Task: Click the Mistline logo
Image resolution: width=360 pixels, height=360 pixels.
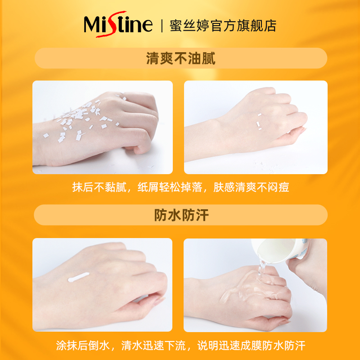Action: [118, 24]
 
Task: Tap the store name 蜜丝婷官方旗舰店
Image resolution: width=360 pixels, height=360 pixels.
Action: [223, 25]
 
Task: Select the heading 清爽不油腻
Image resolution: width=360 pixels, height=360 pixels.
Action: [180, 58]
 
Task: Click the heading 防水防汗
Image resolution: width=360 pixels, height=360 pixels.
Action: [180, 215]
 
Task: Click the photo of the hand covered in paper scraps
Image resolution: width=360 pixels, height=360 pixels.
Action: [103, 127]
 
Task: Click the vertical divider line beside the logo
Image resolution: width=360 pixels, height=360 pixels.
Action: [161, 25]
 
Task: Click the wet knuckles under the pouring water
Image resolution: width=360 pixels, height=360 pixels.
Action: [270, 288]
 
